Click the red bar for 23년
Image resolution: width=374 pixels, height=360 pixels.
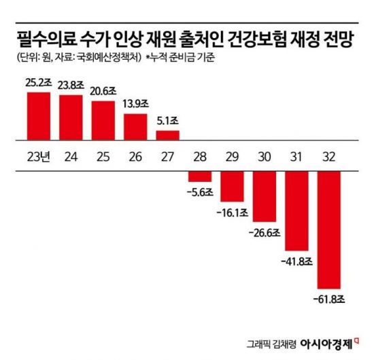(x=38, y=115)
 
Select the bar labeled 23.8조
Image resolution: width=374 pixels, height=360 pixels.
(x=71, y=118)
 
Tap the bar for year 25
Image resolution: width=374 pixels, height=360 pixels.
(x=103, y=120)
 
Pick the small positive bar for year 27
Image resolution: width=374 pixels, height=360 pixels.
(x=168, y=134)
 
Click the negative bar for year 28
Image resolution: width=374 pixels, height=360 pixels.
(x=200, y=176)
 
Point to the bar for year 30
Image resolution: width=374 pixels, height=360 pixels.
(x=265, y=196)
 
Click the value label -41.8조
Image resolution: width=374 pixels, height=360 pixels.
(x=296, y=261)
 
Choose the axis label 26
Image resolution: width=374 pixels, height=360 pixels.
(x=135, y=155)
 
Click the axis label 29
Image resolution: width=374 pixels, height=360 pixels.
(x=232, y=155)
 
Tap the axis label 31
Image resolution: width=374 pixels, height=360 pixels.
(x=296, y=155)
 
